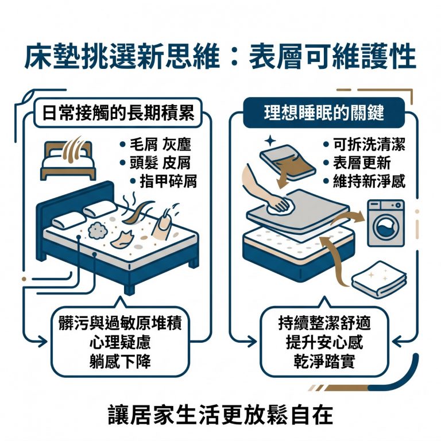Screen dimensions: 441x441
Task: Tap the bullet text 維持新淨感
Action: tap(369, 181)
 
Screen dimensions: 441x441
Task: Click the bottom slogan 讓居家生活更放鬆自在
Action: tap(220, 415)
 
